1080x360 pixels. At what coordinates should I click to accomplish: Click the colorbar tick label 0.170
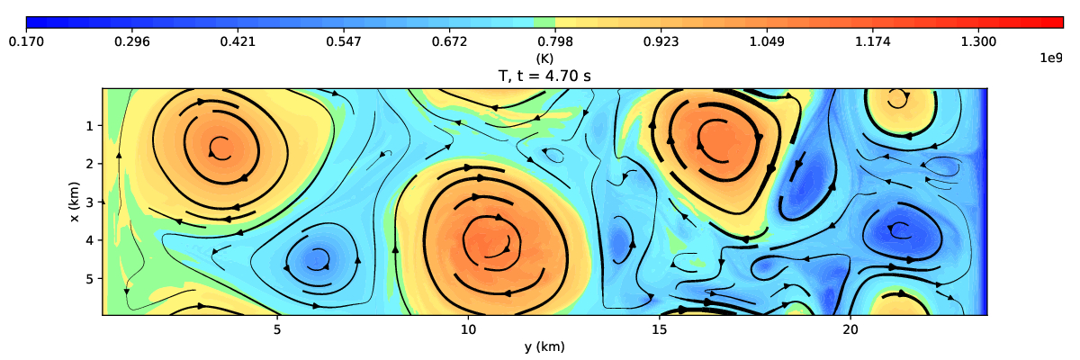26,41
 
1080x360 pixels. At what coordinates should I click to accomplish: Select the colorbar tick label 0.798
555,41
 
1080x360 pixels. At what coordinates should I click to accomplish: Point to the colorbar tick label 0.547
344,41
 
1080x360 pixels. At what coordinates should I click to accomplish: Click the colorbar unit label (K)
544,58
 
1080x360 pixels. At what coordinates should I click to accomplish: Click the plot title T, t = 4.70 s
544,76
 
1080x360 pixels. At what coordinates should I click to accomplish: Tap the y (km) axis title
544,346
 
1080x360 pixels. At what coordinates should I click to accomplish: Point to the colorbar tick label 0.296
132,41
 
